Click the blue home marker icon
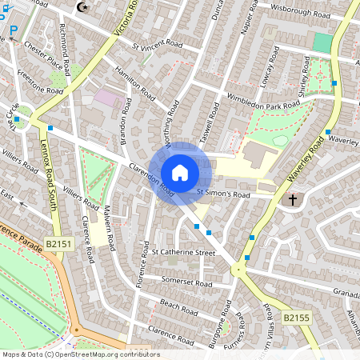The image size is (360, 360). [x=180, y=172]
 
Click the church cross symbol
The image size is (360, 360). [x=293, y=198]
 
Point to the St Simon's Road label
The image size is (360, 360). [x=225, y=194]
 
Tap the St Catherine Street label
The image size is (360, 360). [x=184, y=252]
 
